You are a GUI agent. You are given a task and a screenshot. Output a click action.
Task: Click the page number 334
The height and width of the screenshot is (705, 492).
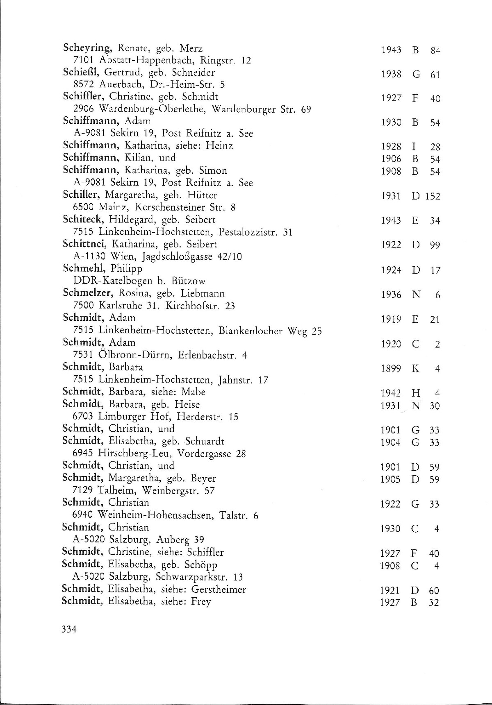69,641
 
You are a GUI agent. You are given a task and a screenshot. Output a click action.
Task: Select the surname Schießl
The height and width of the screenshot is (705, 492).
81,73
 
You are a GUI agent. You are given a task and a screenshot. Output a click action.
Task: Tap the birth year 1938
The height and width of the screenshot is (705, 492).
391,75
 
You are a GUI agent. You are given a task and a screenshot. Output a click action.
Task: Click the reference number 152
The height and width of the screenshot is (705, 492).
433,197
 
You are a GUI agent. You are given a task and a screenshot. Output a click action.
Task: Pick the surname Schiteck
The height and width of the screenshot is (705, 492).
82,220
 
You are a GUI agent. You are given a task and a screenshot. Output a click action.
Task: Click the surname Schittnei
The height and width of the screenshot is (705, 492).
84,244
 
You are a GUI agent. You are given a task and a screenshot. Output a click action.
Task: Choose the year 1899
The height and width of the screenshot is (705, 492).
390,369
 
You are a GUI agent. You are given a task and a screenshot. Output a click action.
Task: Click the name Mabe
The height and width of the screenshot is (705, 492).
193,392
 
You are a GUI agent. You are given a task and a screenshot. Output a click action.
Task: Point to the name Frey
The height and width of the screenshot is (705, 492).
201,602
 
